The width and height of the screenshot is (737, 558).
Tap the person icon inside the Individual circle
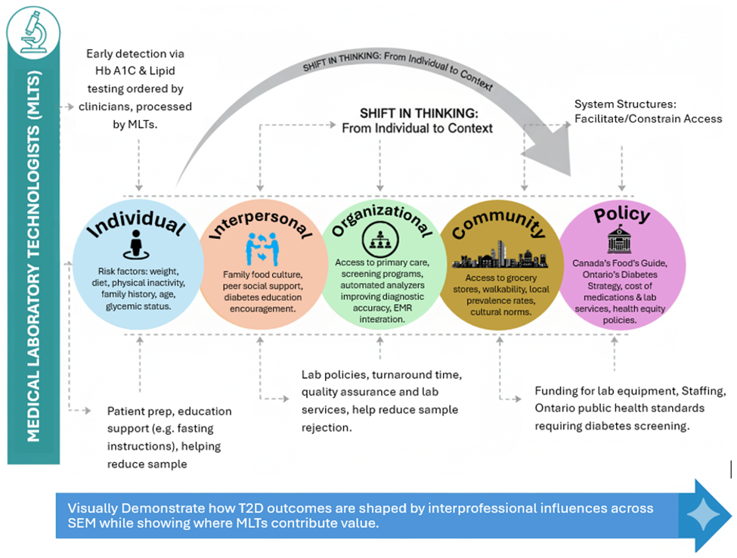(137, 243)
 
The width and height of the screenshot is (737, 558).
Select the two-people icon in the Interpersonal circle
(259, 249)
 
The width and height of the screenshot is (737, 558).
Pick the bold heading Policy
(621, 215)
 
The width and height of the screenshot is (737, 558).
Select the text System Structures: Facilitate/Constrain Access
(648, 110)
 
